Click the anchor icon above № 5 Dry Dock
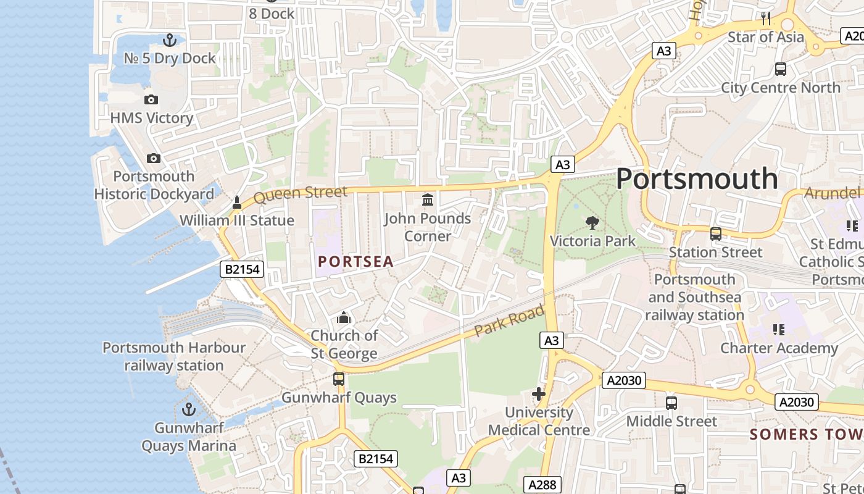pos(170,41)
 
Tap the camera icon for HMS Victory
pos(151,100)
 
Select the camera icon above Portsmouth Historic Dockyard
pos(154,159)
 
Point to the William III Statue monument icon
pos(236,203)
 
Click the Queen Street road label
pos(301,195)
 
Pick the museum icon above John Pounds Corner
pos(427,200)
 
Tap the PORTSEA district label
pos(355,262)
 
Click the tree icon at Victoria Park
pos(592,223)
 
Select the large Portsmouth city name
pos(697,179)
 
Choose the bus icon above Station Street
pos(716,234)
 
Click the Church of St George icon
pos(344,318)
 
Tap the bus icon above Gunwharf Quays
pos(339,379)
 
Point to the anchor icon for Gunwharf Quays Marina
pos(188,409)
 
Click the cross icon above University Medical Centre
pos(539,394)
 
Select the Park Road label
pos(509,321)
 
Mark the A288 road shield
pos(543,485)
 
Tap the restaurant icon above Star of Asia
pos(766,19)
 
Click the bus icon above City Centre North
pos(781,69)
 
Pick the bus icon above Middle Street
pos(671,403)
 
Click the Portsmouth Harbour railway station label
pos(174,356)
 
